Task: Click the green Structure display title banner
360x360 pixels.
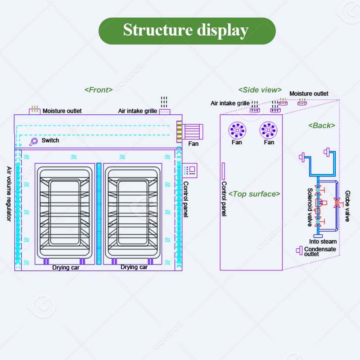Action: tap(187, 31)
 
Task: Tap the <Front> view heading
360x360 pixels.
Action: tap(99, 90)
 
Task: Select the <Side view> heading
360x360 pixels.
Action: tap(260, 90)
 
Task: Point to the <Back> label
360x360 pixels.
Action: tap(322, 126)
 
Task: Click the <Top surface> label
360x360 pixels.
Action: tap(254, 194)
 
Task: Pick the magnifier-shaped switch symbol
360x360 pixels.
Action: tap(33, 141)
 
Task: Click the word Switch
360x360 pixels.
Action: tap(50, 140)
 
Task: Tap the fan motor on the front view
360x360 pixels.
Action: tap(190, 132)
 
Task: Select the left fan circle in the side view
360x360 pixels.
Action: tap(237, 130)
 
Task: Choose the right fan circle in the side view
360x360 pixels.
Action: tap(268, 130)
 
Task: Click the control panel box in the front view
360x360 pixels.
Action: tap(190, 170)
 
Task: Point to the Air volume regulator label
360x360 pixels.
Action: tap(9, 194)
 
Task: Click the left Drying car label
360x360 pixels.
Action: tap(66, 267)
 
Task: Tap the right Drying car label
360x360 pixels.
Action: tap(134, 267)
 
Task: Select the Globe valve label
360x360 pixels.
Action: tap(347, 206)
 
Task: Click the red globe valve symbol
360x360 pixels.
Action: tap(337, 203)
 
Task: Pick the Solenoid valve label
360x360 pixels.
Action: tap(310, 207)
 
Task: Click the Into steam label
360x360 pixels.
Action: tap(323, 242)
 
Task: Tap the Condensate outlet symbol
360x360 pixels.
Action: tap(299, 250)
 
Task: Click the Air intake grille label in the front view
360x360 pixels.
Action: tap(138, 111)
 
